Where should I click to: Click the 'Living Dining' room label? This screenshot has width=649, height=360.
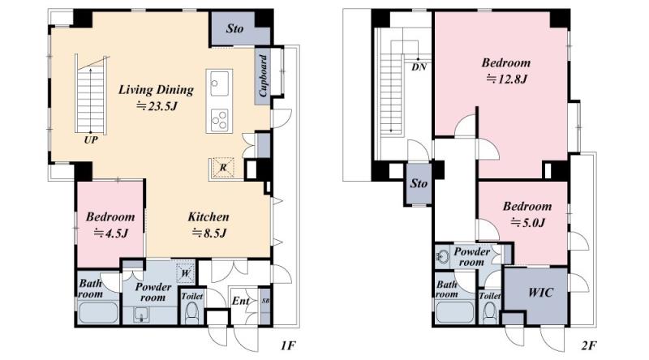tap(156, 90)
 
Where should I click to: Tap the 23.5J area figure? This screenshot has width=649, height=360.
tap(157, 106)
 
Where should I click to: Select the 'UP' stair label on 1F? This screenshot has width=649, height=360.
tap(91, 139)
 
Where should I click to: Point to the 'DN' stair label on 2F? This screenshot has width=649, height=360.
tap(419, 67)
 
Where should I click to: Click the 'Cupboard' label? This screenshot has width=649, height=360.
tap(263, 75)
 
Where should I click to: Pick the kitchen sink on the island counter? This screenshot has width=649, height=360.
tap(219, 84)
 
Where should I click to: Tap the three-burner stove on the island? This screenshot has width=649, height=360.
tap(219, 119)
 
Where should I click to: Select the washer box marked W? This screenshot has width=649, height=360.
tap(186, 273)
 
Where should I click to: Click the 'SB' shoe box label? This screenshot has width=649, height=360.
tap(265, 301)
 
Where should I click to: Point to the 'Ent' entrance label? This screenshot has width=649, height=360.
tap(240, 301)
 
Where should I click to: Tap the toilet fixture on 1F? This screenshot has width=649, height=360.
tap(192, 312)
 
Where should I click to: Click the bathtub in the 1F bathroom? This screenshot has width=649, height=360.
tap(98, 313)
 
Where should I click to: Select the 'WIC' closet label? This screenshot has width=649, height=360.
tap(540, 293)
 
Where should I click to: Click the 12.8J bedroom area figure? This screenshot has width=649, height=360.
tap(506, 79)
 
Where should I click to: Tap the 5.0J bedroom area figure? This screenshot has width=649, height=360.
tap(527, 223)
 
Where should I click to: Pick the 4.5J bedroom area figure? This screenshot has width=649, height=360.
tap(110, 233)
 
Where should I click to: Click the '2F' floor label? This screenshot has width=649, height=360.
tap(589, 345)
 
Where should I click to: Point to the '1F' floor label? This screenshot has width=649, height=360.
tap(288, 345)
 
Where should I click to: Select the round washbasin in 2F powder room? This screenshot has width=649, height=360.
tap(442, 257)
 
